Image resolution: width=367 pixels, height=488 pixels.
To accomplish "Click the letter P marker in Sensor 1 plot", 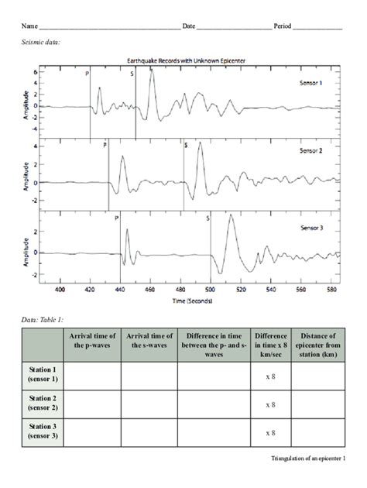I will coord(87,74).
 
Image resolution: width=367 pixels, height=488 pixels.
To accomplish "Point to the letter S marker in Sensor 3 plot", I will coord(208,218).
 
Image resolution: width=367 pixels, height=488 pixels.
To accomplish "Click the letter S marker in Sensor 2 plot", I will coord(186,145).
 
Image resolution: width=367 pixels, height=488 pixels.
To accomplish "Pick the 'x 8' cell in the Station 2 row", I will coord(271,404).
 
